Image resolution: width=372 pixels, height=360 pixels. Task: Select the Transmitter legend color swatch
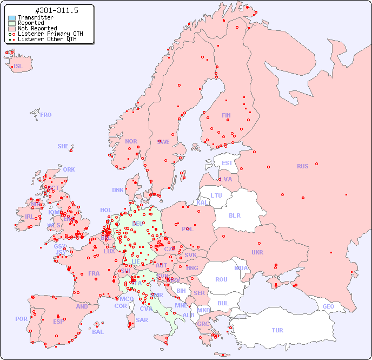(12, 18)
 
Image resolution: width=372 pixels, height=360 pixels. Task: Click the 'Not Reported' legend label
(37, 28)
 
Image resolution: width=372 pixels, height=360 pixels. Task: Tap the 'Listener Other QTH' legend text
(46, 39)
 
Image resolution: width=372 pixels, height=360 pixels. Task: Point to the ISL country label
(18, 67)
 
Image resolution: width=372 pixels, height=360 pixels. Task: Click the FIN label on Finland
(226, 115)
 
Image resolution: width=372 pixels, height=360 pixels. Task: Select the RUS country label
(302, 166)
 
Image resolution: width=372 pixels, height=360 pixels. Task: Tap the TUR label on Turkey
(277, 330)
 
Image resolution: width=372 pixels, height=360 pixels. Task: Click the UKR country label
(257, 252)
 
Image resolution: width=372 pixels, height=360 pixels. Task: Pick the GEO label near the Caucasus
(328, 306)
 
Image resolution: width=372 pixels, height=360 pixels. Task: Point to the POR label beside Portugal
(21, 319)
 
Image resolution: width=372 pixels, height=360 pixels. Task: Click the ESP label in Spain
(58, 321)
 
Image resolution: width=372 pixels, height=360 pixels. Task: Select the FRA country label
(94, 273)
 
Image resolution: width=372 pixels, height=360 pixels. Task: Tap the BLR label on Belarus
(235, 215)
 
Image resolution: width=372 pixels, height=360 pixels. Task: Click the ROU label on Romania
(221, 279)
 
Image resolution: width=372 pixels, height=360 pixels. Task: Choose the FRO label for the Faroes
(46, 115)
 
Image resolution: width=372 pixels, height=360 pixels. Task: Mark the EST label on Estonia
(227, 163)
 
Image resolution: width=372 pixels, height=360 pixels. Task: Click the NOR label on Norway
(131, 141)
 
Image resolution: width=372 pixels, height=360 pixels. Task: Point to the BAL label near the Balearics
(97, 332)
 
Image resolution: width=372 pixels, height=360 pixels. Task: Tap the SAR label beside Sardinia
(142, 320)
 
